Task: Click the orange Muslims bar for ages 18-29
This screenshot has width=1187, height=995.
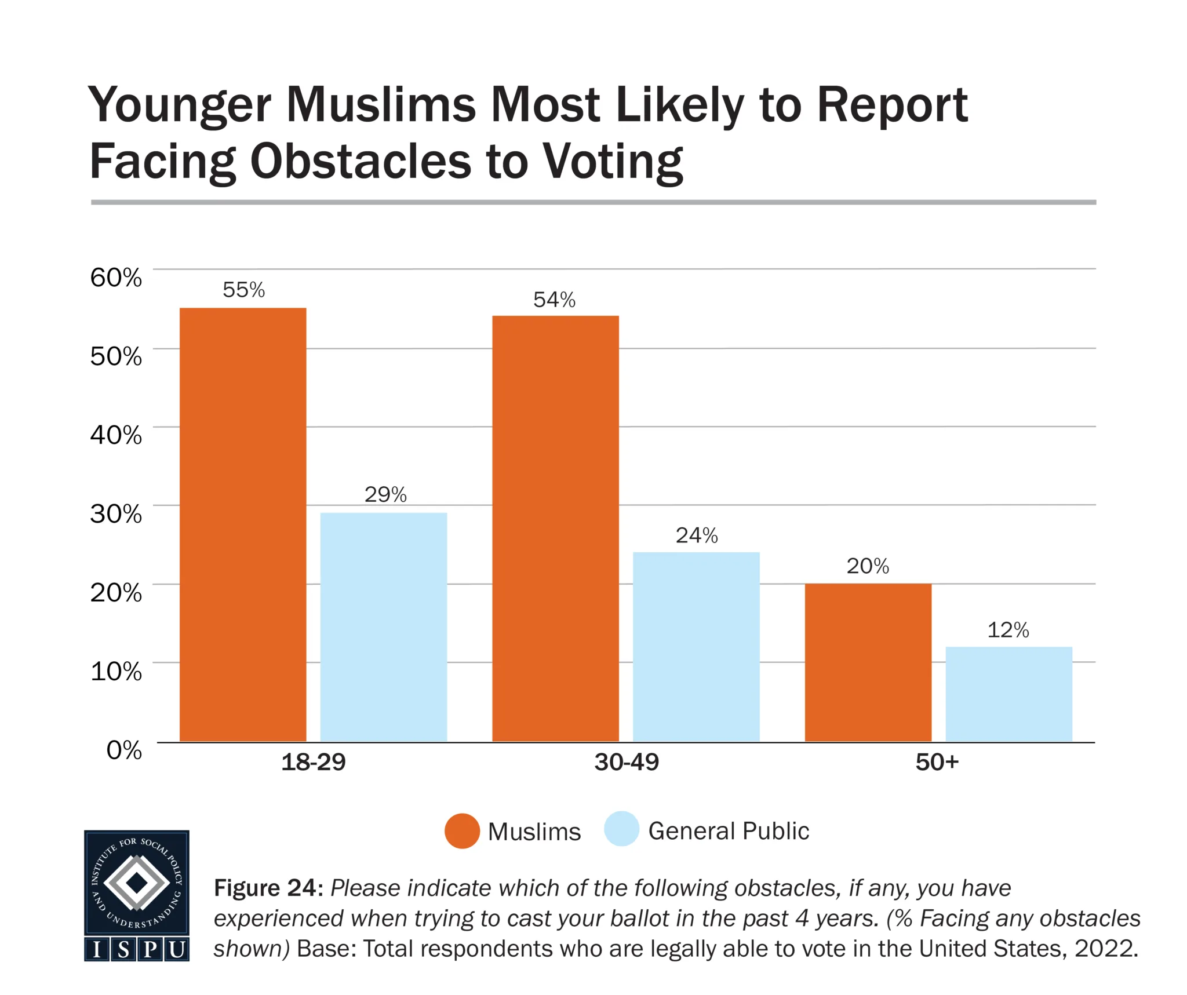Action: pos(243,524)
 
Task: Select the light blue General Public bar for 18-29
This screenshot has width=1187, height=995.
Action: pos(384,627)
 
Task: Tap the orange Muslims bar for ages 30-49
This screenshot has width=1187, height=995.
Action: pos(555,529)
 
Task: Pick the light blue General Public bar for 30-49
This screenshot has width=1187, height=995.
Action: pos(696,647)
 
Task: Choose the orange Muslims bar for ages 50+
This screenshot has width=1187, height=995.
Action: pos(868,662)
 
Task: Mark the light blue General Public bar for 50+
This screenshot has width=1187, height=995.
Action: pos(1008,694)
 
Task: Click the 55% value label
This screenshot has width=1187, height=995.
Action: pos(243,290)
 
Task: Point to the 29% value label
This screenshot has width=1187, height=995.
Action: pos(385,494)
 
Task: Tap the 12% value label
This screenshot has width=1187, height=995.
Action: pos(1008,630)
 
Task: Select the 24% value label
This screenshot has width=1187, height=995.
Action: pos(697,535)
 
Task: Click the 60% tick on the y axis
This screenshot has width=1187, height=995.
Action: pos(116,278)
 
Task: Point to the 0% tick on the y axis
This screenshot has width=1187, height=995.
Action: pos(124,750)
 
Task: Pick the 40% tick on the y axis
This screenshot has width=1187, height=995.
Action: pos(116,435)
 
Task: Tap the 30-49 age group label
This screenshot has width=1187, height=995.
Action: pos(627,762)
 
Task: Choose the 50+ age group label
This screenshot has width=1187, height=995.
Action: pos(937,762)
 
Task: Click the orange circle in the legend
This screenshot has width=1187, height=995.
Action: pos(462,831)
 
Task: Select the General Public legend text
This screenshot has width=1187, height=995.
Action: pos(729,831)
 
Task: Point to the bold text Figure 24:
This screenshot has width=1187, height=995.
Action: pos(268,888)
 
